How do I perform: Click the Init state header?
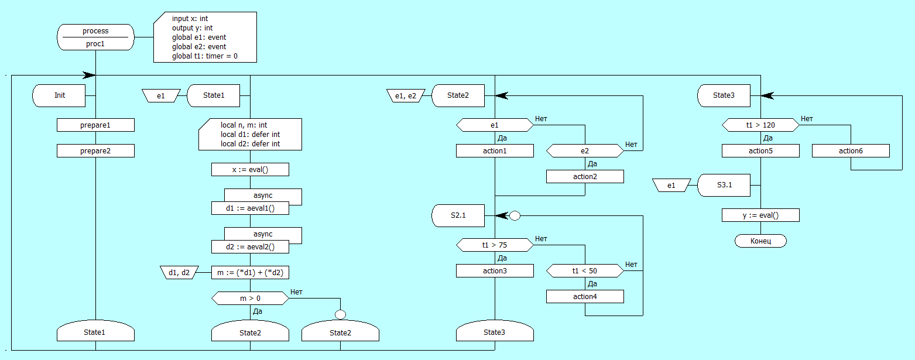(x=60, y=95)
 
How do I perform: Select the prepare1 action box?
(x=95, y=125)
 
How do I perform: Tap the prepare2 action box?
(x=95, y=150)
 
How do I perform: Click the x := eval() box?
(x=250, y=169)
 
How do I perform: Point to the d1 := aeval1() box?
(x=250, y=208)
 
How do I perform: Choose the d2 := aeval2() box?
(x=250, y=246)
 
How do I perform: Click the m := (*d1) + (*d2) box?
(x=250, y=272)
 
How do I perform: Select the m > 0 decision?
(x=250, y=298)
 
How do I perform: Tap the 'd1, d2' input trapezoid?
(x=179, y=272)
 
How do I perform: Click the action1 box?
(x=495, y=150)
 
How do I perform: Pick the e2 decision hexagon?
(x=585, y=150)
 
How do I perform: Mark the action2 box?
(x=585, y=176)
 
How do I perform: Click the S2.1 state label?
(x=458, y=215)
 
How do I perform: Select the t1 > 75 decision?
(x=495, y=245)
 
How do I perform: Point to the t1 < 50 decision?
(x=585, y=270)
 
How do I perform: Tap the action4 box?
(x=585, y=296)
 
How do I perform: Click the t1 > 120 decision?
(x=760, y=125)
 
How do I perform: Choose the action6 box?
(x=851, y=150)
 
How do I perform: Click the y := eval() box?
(x=760, y=215)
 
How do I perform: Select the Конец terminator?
(x=760, y=241)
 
